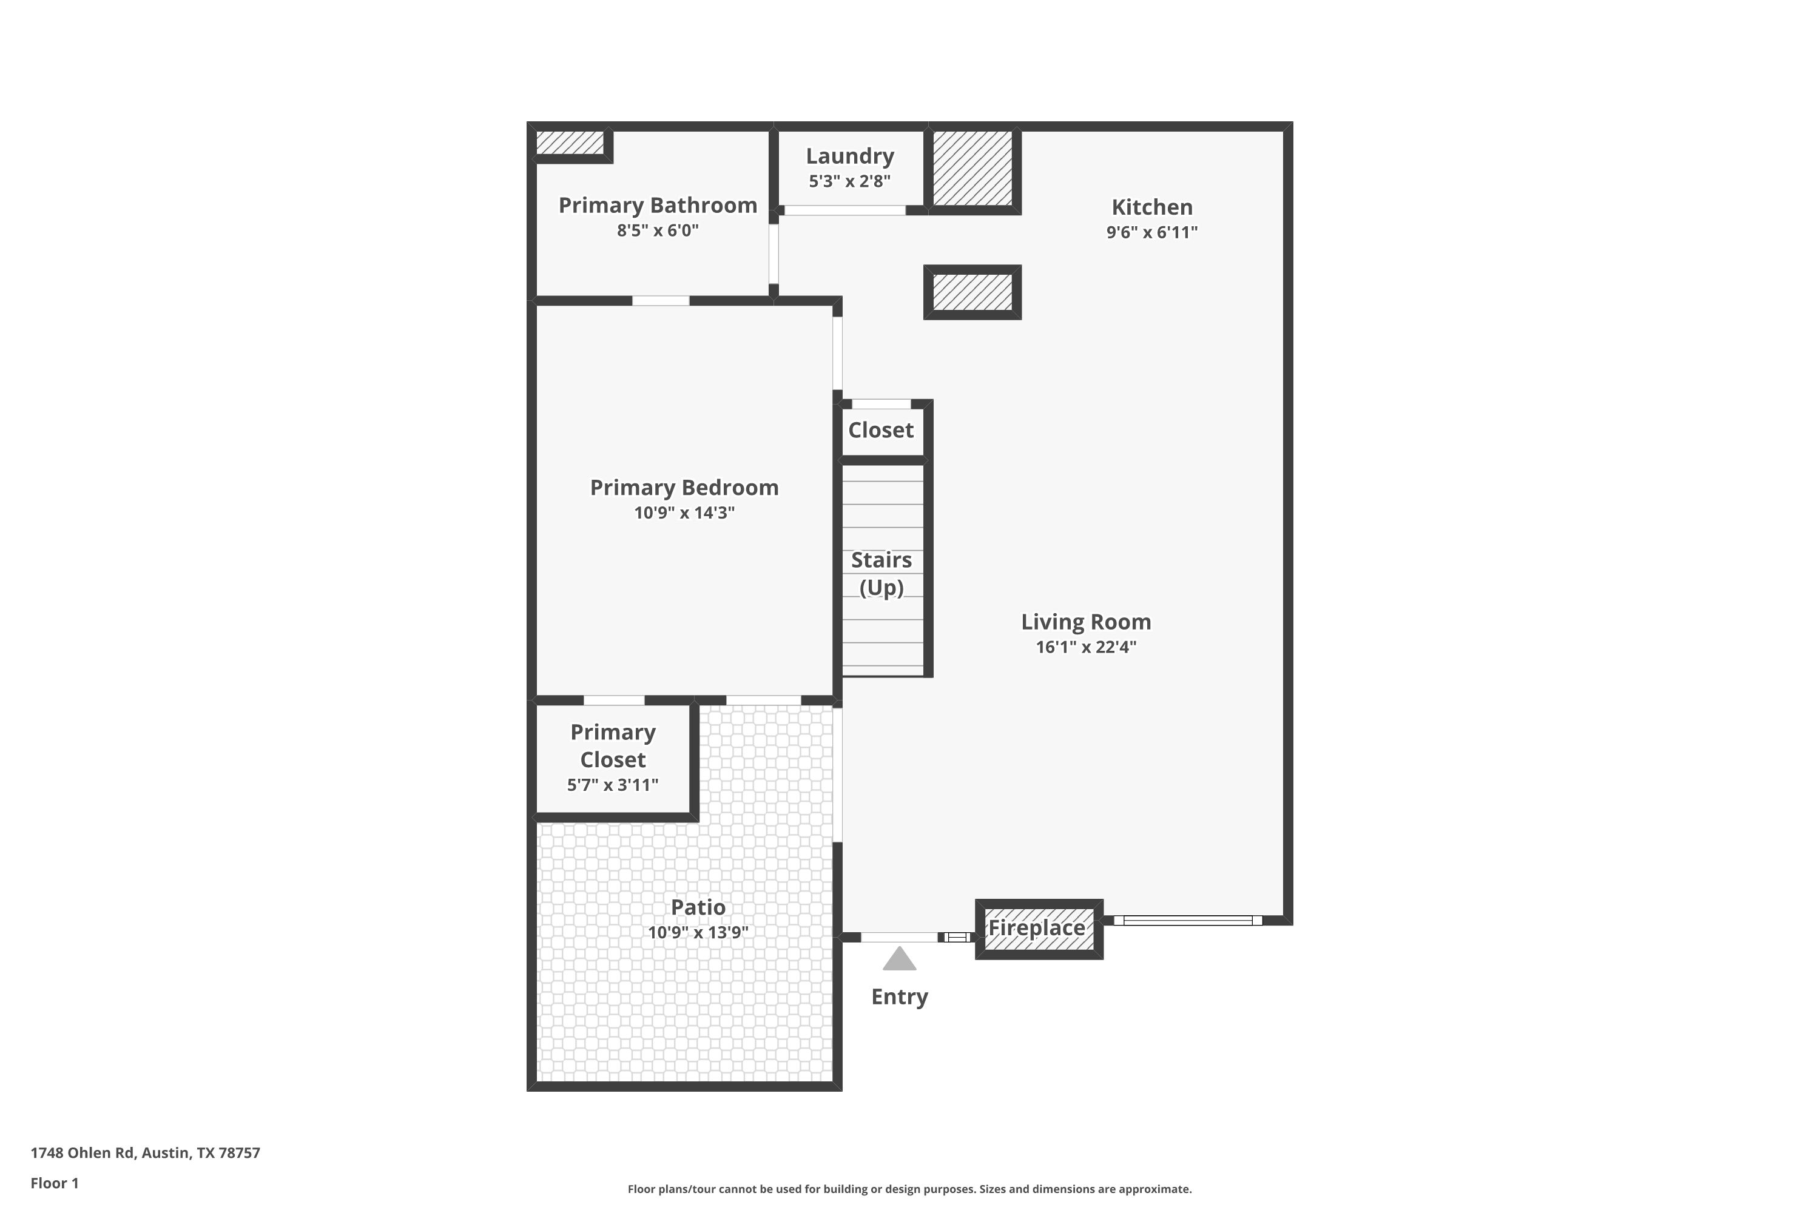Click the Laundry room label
(850, 156)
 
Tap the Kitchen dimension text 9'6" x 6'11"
(1151, 232)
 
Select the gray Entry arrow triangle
(899, 959)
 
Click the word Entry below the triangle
(899, 996)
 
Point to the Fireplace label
(1037, 927)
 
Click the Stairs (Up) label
(881, 573)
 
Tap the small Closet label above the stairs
(881, 430)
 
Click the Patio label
(698, 907)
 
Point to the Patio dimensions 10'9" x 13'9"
(698, 932)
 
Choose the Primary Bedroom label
(684, 488)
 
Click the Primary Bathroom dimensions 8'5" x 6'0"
(657, 230)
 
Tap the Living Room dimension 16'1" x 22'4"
(1086, 647)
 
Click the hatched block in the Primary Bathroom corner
(570, 143)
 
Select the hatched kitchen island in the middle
(972, 292)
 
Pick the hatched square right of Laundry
(972, 168)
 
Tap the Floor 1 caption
(54, 1183)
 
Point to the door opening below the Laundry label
(845, 210)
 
